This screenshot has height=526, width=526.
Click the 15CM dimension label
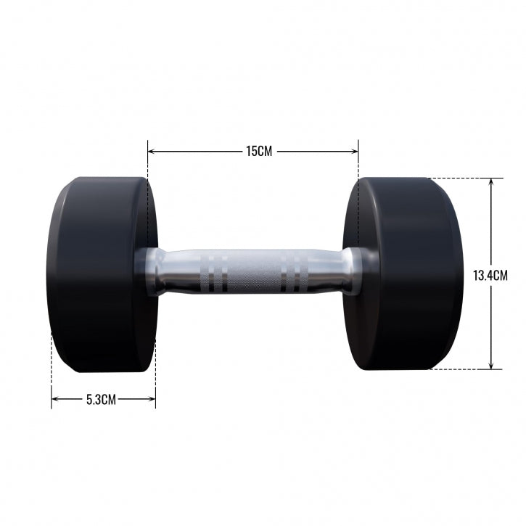coord(258,152)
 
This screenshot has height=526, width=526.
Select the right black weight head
coord(406,274)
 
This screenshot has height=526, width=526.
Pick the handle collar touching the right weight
coord(351,271)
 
